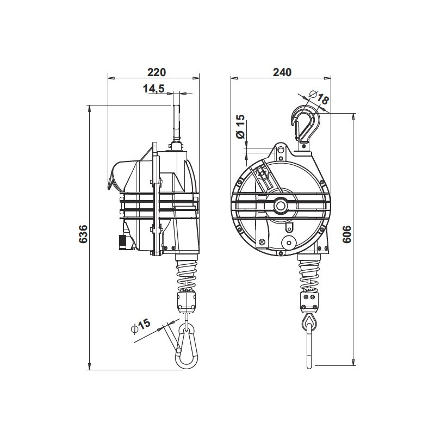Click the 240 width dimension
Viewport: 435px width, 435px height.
pyautogui.click(x=283, y=72)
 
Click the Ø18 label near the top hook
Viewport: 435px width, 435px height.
pyautogui.click(x=319, y=98)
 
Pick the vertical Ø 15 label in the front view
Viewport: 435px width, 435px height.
pyautogui.click(x=240, y=126)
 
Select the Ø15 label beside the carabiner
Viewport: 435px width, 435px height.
pyautogui.click(x=141, y=327)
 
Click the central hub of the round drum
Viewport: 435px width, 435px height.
pyautogui.click(x=281, y=206)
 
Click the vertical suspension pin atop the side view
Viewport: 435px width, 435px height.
pyautogui.click(x=175, y=122)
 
